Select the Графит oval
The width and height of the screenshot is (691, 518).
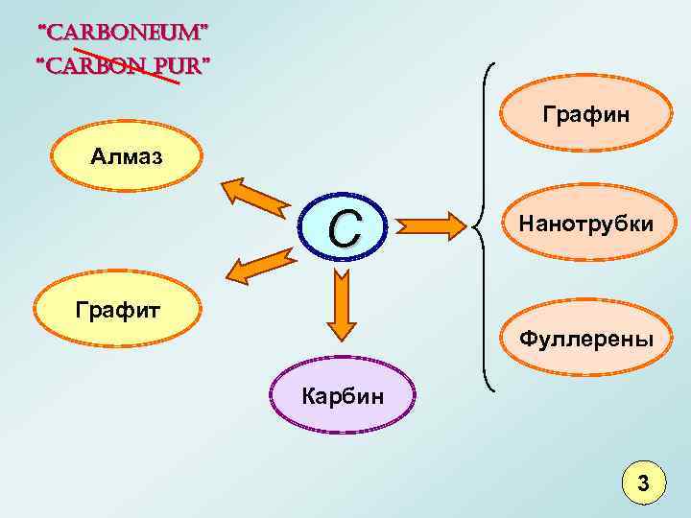tap(118, 308)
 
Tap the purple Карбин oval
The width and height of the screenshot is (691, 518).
tap(343, 396)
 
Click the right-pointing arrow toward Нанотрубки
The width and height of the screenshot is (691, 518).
tap(431, 226)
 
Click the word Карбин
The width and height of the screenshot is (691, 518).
tap(343, 394)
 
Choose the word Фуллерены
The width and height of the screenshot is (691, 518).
tap(586, 339)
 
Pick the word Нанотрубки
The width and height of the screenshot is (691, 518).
tap(586, 224)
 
